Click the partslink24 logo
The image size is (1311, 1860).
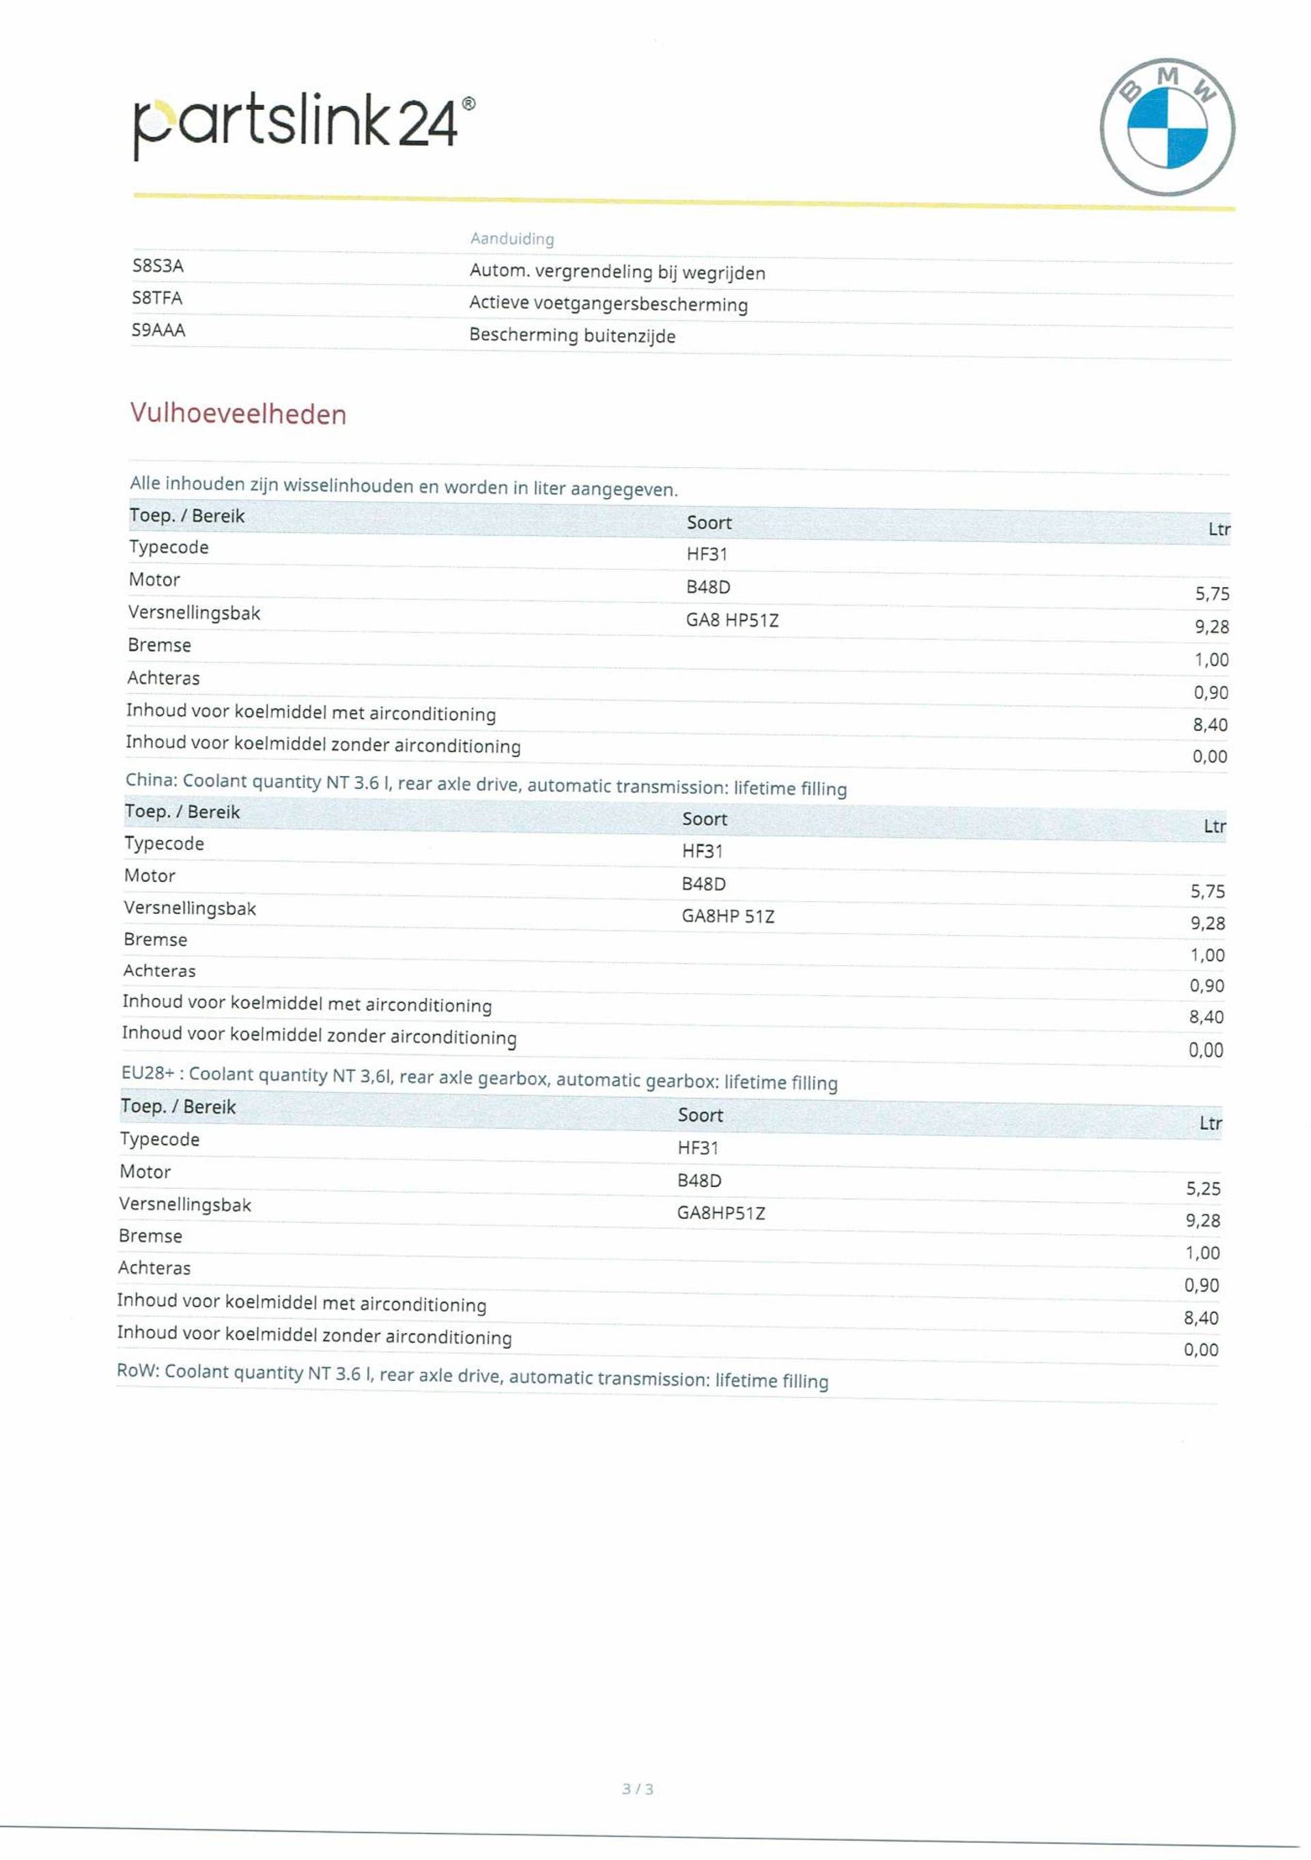click(x=303, y=123)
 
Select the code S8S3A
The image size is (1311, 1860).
click(x=158, y=266)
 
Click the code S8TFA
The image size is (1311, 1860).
click(x=157, y=298)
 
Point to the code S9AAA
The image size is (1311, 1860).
click(x=159, y=330)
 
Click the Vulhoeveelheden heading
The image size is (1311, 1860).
click(x=238, y=414)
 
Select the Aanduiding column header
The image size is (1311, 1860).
click(x=512, y=239)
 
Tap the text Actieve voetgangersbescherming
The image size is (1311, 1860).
click(x=608, y=304)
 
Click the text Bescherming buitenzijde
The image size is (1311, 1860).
click(x=572, y=335)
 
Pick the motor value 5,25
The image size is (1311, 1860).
click(x=1203, y=1188)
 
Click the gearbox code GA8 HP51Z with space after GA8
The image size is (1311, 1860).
click(x=732, y=620)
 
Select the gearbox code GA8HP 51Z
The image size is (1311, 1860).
click(x=728, y=916)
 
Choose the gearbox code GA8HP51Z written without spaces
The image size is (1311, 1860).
click(x=721, y=1213)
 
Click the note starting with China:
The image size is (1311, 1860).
click(x=485, y=784)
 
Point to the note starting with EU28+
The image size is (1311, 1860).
click(x=479, y=1078)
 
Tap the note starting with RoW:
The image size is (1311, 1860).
click(x=473, y=1375)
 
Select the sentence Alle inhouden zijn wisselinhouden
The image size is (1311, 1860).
click(x=404, y=486)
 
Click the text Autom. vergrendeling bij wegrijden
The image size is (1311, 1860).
click(x=617, y=272)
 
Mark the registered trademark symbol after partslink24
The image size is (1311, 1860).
click(x=468, y=104)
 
